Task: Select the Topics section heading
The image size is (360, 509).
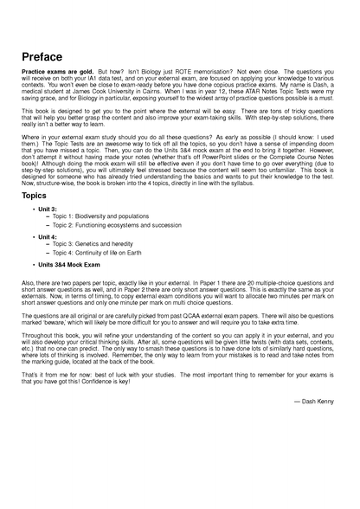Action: tap(36, 197)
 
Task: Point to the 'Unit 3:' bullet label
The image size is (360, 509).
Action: tap(50, 209)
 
